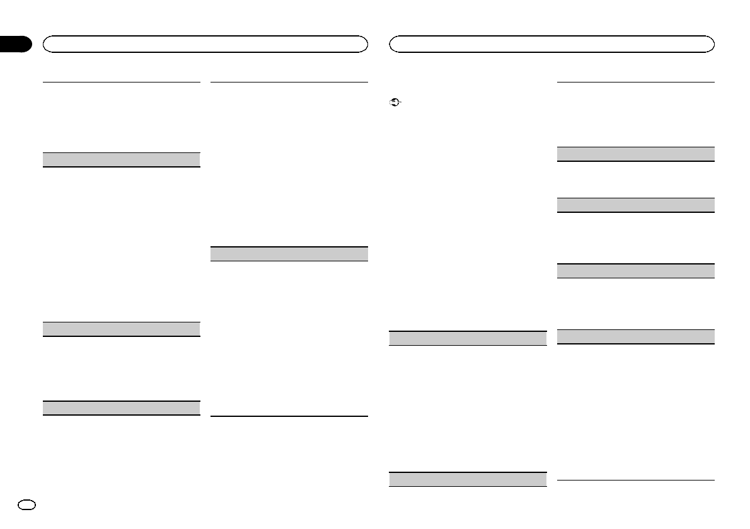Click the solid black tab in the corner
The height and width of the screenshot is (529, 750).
point(15,44)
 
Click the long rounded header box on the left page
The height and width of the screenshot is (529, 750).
point(205,43)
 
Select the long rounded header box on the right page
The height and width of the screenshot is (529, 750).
point(552,43)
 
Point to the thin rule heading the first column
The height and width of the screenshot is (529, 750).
point(121,81)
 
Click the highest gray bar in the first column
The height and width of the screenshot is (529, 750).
point(121,159)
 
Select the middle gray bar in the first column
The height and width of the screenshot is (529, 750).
point(121,329)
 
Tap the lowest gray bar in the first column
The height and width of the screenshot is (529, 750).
point(121,408)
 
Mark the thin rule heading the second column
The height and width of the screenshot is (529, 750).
point(288,81)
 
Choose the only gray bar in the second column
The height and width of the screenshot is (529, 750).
point(288,254)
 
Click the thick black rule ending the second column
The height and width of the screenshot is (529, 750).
point(288,416)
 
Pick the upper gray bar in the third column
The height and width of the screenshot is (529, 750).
point(467,338)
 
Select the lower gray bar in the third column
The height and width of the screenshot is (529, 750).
point(467,479)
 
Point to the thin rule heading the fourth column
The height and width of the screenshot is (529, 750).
point(636,81)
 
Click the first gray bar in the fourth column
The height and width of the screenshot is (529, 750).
point(636,154)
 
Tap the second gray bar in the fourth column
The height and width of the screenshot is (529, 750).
point(636,205)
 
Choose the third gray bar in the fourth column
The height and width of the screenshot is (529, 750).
point(636,271)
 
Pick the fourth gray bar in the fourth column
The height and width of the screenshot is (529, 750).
point(636,336)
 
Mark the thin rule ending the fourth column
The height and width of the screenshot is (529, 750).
point(636,481)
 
